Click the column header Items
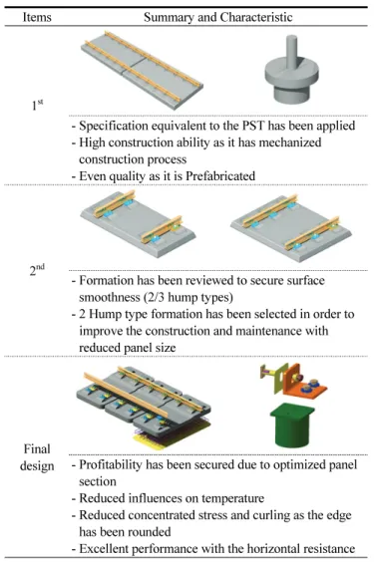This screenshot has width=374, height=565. pos(37,17)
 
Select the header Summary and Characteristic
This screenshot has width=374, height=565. pos(217,17)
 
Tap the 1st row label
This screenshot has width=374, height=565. pos(37,105)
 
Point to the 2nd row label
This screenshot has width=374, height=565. pos(37,269)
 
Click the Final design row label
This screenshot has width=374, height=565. pos(37,457)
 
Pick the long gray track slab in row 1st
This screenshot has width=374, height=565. pos(142,70)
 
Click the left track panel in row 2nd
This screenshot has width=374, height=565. pos(138,224)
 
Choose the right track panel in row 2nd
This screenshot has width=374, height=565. pos(290,227)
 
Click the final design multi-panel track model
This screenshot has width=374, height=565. pos(144,407)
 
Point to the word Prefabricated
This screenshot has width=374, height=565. pos(220,175)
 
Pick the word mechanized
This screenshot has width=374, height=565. pos(289,142)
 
